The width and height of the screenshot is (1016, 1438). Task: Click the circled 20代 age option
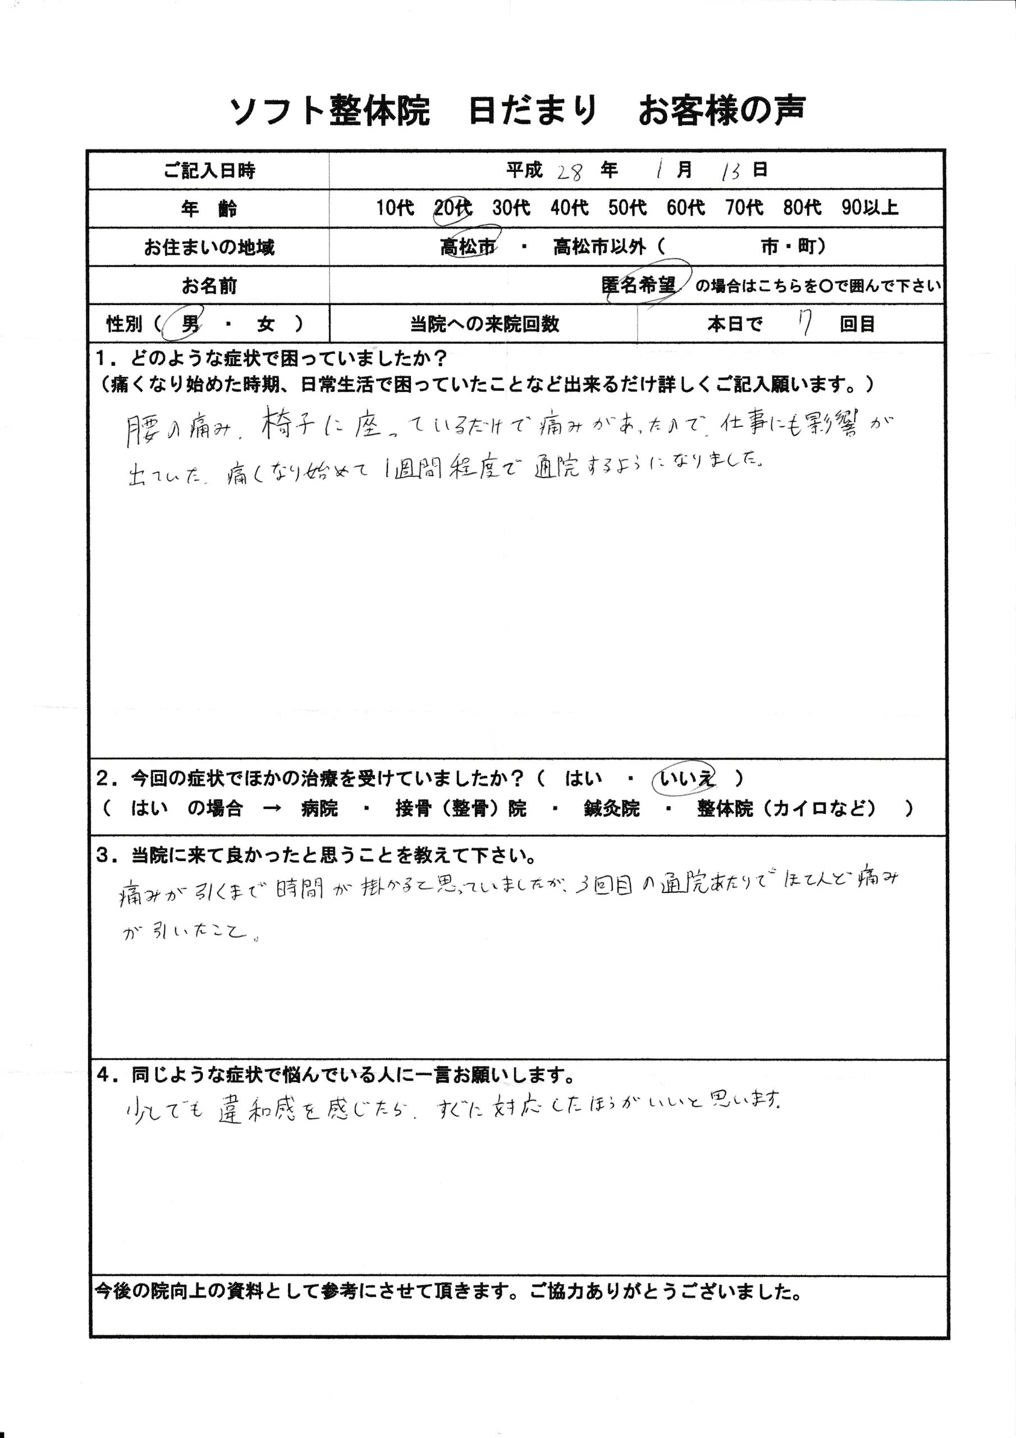pos(452,207)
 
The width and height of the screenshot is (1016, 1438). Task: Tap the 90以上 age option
pos(869,207)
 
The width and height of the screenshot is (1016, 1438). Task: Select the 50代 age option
pos(627,207)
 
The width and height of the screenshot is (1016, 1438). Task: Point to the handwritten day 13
pos(730,171)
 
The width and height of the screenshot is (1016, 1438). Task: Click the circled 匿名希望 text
pos(639,285)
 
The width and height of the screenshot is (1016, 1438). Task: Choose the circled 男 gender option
pos(190,324)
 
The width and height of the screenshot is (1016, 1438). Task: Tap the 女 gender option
pos(266,324)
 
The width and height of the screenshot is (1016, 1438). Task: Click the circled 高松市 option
pos(468,247)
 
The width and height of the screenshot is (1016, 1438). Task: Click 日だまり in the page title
pos(532,111)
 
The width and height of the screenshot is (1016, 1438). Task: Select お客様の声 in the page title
pos(722,111)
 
